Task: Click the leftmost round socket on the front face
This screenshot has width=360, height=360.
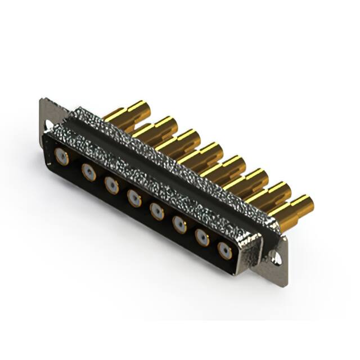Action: click(x=62, y=157)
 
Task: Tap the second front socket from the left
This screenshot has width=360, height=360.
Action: click(x=88, y=171)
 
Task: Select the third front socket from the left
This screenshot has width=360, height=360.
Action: click(x=111, y=184)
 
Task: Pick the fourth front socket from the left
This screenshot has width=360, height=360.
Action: click(x=134, y=197)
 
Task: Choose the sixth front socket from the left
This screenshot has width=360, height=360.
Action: click(x=179, y=224)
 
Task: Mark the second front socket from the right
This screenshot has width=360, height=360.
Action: click(x=201, y=237)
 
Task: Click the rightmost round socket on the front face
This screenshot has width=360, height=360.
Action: click(x=224, y=250)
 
